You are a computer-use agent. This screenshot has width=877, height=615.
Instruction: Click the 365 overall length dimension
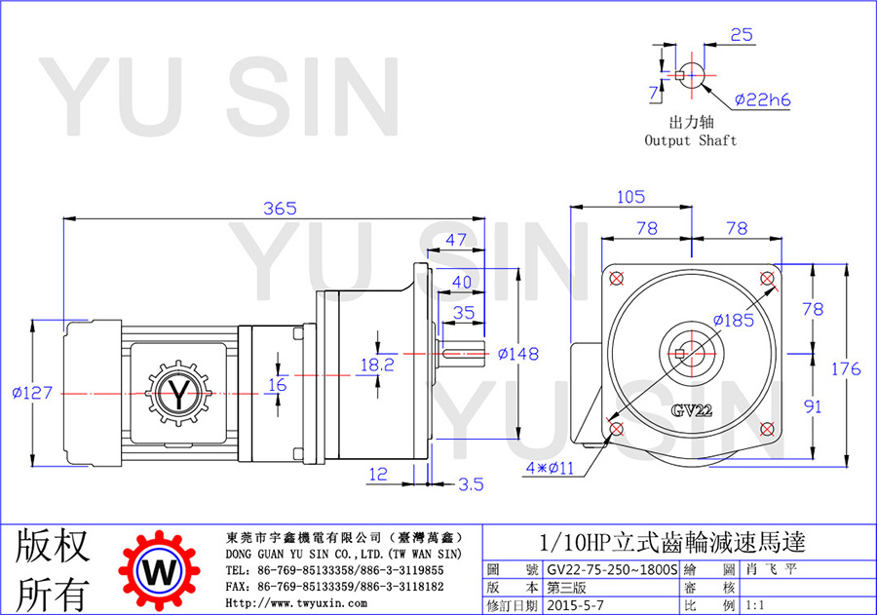tap(280, 209)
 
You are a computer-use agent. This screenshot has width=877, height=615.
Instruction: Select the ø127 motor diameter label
tap(32, 392)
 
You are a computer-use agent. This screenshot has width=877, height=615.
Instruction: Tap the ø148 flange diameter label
tap(518, 354)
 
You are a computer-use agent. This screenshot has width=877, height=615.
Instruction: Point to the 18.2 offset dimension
tap(377, 365)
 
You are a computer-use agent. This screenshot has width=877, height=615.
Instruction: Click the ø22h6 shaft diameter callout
tap(763, 99)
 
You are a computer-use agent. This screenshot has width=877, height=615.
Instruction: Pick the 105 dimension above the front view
tap(630, 197)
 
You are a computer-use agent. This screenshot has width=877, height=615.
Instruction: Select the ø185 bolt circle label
tap(734, 320)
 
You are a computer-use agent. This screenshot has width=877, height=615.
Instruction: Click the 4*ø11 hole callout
tap(550, 468)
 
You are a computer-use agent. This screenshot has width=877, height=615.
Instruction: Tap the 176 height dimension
tap(846, 368)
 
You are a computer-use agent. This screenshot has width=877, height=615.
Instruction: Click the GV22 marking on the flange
tap(692, 410)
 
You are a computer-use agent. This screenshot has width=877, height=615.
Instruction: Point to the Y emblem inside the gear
tap(178, 394)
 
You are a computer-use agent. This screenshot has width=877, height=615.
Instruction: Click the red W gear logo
tap(160, 571)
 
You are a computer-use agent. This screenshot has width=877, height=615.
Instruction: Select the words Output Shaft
tap(691, 140)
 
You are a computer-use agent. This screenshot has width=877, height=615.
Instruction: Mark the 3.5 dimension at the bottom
tap(471, 484)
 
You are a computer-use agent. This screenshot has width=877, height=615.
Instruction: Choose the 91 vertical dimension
tap(813, 406)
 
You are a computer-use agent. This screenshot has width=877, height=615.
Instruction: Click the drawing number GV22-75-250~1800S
tap(612, 569)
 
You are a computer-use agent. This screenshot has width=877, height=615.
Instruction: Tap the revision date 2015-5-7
tap(576, 605)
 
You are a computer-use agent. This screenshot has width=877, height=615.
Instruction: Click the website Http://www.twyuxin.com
tap(296, 603)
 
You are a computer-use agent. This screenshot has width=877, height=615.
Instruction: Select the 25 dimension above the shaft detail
tap(742, 35)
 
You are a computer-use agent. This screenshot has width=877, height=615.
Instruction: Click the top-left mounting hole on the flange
tap(617, 278)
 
